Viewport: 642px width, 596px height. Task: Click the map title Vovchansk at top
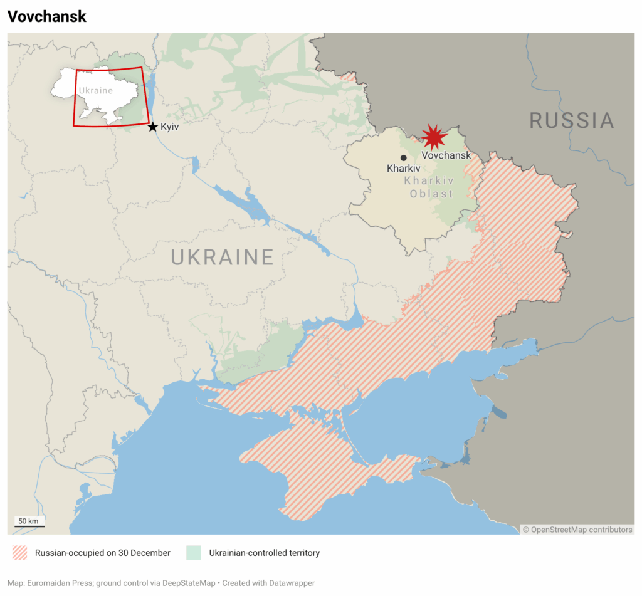(x=47, y=17)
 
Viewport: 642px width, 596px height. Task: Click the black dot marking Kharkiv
(x=404, y=158)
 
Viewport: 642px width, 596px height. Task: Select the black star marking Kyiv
(x=152, y=127)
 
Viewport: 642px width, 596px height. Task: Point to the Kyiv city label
(x=170, y=127)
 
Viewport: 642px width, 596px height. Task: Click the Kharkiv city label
(x=403, y=169)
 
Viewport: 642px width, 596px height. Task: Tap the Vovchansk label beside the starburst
(x=446, y=155)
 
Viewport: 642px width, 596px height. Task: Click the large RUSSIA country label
(x=571, y=120)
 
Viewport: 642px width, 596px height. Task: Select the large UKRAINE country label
(x=223, y=257)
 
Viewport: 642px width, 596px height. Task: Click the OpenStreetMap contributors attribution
(x=577, y=530)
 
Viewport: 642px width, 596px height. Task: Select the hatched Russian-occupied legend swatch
(x=20, y=553)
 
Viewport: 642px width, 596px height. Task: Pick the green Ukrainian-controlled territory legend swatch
(x=194, y=553)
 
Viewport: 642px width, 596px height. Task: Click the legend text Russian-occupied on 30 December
(x=102, y=553)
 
